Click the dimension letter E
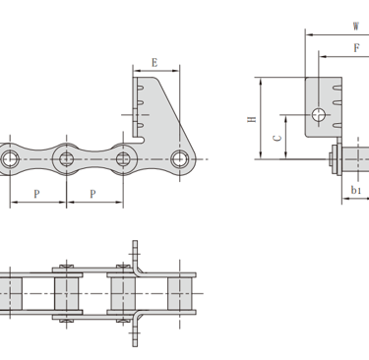coord(154,62)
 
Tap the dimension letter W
coord(355,27)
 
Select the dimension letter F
coord(356,48)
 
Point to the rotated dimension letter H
coord(252,119)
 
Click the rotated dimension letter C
coord(277,138)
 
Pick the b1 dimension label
coord(356,190)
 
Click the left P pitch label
coord(36,194)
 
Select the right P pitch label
coord(92,194)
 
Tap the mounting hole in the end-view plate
coord(319,115)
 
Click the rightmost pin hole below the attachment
coord(179,159)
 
